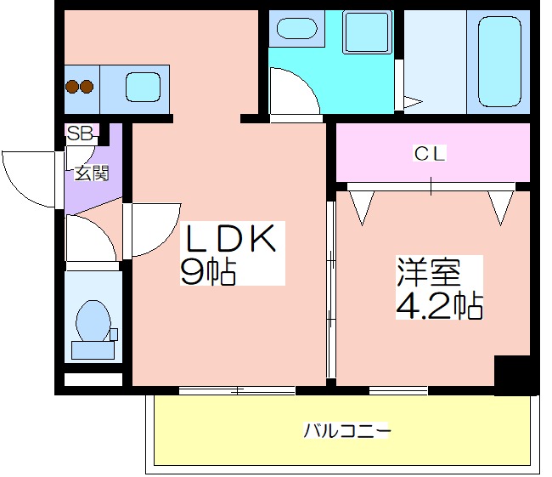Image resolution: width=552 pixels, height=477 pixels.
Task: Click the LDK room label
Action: [x=230, y=238]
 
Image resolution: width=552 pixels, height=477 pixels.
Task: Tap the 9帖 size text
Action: [x=208, y=272]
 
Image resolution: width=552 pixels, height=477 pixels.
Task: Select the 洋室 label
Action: [x=429, y=272]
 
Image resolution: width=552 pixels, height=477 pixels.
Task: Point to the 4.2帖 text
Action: [x=439, y=305]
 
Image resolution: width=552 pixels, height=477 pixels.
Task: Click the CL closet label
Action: [x=430, y=154]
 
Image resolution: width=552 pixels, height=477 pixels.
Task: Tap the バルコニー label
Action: [x=347, y=430]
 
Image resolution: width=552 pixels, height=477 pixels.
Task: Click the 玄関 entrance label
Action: [x=92, y=173]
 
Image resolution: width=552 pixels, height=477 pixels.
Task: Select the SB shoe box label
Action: [x=80, y=133]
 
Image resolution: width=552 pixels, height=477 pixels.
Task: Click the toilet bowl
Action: [x=93, y=321]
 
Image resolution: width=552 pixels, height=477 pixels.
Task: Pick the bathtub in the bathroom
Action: [x=499, y=62]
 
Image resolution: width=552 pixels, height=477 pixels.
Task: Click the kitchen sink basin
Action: [x=143, y=88]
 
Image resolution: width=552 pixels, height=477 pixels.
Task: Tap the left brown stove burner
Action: [x=72, y=87]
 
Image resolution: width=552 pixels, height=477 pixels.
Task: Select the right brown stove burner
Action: [x=87, y=87]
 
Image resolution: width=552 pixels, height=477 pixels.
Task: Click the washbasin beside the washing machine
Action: [x=297, y=28]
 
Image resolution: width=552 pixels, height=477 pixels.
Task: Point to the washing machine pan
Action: [x=367, y=32]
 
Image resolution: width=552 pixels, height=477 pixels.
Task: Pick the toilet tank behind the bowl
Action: [x=93, y=350]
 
